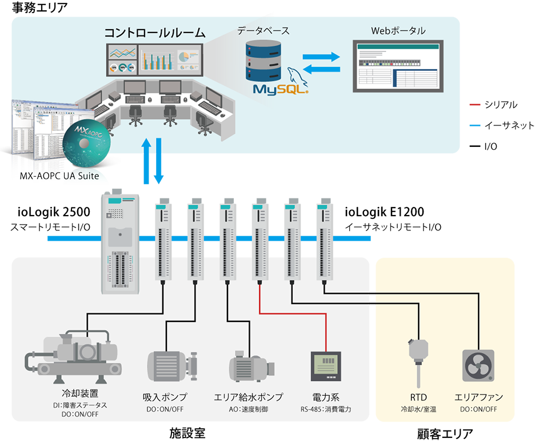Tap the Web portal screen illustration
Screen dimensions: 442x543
pyautogui.click(x=397, y=66)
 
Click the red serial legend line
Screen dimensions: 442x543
pyautogui.click(x=474, y=105)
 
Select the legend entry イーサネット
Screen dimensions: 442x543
pyautogui.click(x=509, y=126)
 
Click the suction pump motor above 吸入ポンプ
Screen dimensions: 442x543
pyautogui.click(x=172, y=364)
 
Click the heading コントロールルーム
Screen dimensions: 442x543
pyautogui.click(x=154, y=33)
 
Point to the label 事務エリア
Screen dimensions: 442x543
pyautogui.click(x=35, y=8)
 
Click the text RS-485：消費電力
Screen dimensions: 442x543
pyautogui.click(x=326, y=409)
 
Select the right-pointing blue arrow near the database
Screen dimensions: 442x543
pyautogui.click(x=321, y=57)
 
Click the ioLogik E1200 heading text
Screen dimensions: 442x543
pyautogui.click(x=384, y=213)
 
